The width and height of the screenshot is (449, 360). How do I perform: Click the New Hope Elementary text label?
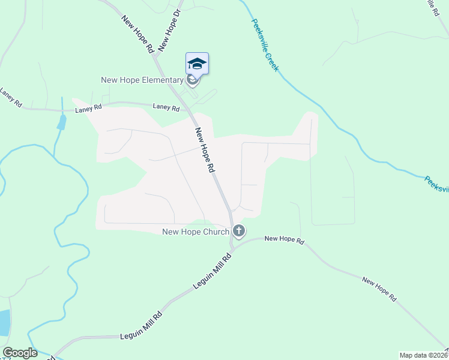click(142, 80)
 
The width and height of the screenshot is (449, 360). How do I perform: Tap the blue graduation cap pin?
click(197, 64)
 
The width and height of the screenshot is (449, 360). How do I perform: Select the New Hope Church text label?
click(196, 232)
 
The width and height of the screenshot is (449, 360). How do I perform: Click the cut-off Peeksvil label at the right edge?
click(436, 184)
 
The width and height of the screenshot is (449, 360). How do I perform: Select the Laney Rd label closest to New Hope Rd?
click(166, 108)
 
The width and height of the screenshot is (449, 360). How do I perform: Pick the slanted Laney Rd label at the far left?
click(11, 98)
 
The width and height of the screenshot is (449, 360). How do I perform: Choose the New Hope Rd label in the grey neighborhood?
click(204, 150)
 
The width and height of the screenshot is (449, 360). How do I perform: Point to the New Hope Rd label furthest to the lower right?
click(380, 289)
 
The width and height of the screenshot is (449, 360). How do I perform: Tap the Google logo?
click(19, 353)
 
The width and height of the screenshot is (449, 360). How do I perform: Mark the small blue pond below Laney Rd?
click(62, 122)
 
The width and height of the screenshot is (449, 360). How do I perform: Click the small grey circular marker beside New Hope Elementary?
click(192, 80)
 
